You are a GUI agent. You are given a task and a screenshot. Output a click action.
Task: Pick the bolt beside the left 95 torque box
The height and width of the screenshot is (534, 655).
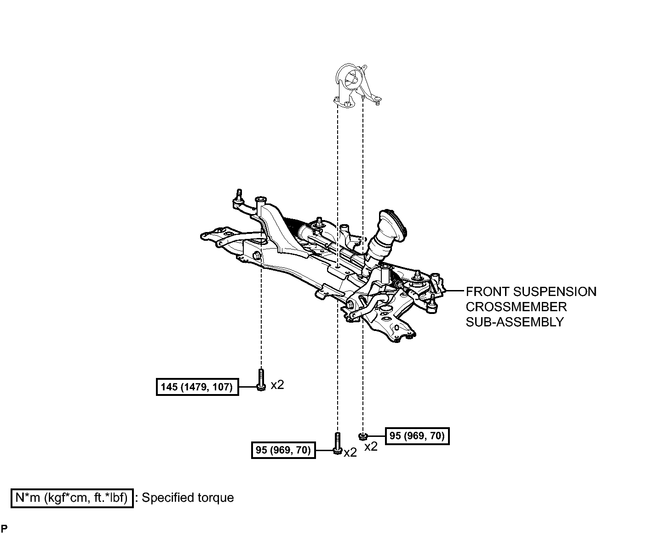pyautogui.click(x=337, y=443)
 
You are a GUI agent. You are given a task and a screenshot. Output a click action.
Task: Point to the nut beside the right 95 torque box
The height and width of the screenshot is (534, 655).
pyautogui.click(x=363, y=436)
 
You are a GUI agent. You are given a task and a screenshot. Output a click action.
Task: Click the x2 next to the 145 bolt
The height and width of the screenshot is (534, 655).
pyautogui.click(x=277, y=385)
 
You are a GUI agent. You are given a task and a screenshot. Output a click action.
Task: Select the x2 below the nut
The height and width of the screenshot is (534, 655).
pyautogui.click(x=371, y=447)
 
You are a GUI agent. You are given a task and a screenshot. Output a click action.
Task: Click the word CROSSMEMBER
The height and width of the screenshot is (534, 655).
pyautogui.click(x=516, y=307)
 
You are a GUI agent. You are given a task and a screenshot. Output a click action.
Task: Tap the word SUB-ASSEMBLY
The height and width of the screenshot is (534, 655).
pyautogui.click(x=515, y=322)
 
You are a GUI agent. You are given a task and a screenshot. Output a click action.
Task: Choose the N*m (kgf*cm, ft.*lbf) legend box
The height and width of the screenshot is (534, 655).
pyautogui.click(x=72, y=498)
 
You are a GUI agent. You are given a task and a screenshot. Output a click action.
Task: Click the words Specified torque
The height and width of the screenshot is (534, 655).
pyautogui.click(x=188, y=498)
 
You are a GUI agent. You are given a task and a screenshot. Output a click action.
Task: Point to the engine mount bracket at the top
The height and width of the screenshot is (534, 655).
pyautogui.click(x=357, y=86)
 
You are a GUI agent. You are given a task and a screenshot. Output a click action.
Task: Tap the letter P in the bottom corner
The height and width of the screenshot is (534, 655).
pyautogui.click(x=4, y=528)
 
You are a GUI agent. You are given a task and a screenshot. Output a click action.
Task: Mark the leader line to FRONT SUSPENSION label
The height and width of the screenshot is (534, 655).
pyautogui.click(x=454, y=290)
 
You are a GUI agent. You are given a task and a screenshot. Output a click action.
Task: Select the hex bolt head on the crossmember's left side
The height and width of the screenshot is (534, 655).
pyautogui.click(x=257, y=255)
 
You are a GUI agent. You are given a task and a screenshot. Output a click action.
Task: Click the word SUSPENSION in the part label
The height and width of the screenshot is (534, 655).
pyautogui.click(x=555, y=291)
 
